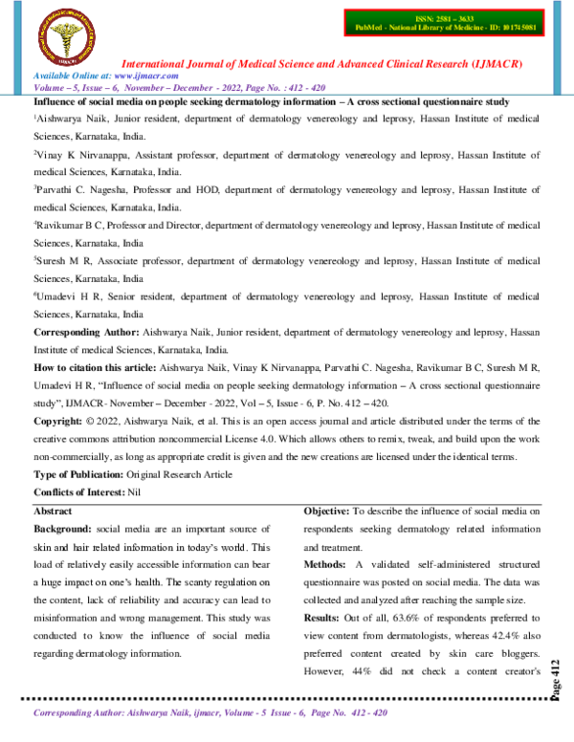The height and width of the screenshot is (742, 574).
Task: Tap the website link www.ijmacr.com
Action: [x=137, y=74]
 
